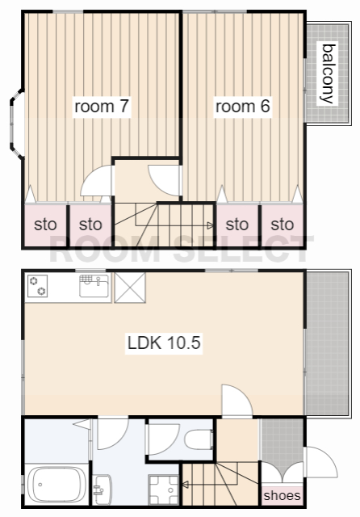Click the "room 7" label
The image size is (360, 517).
click(102, 107)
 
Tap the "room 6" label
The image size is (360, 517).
click(242, 107)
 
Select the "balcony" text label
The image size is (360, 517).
click(329, 74)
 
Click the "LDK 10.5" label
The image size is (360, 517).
click(164, 343)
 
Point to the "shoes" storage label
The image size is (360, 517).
click(282, 495)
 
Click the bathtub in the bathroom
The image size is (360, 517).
click(56, 485)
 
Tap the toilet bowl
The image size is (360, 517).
click(199, 439)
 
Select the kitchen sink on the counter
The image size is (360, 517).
click(94, 285)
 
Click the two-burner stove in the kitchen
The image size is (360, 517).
click(37, 286)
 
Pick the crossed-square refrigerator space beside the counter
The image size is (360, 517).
click(130, 288)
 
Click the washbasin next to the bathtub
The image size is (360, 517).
click(102, 490)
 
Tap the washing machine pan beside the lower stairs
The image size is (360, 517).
click(164, 490)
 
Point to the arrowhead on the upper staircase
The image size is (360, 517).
click(210, 226)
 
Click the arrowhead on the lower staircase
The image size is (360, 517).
click(185, 485)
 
